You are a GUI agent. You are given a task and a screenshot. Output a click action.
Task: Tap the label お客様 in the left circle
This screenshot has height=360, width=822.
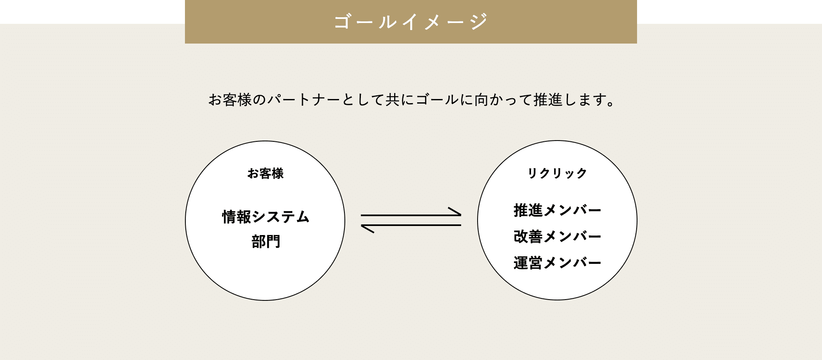[x=266, y=173]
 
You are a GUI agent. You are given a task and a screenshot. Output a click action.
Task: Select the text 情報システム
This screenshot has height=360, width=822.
[x=266, y=217]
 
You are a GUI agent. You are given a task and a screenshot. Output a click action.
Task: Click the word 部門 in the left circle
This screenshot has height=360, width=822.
[x=266, y=242]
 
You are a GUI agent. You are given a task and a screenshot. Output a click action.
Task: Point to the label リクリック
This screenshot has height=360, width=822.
[x=557, y=173]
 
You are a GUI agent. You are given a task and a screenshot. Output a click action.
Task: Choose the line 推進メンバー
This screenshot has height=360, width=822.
[x=557, y=210]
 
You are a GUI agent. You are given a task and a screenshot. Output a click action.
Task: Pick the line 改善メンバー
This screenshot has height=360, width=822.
[x=557, y=236]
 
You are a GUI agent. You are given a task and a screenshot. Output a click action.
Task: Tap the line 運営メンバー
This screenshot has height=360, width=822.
[x=557, y=263]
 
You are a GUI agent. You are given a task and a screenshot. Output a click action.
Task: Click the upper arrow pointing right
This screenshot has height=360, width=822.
[x=411, y=215]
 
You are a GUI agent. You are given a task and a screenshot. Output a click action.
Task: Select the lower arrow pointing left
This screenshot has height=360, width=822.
[x=411, y=225]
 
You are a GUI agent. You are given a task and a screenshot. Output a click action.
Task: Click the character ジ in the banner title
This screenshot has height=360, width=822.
[x=480, y=21]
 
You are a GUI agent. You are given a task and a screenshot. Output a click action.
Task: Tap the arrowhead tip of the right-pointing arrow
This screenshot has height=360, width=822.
[x=461, y=215]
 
